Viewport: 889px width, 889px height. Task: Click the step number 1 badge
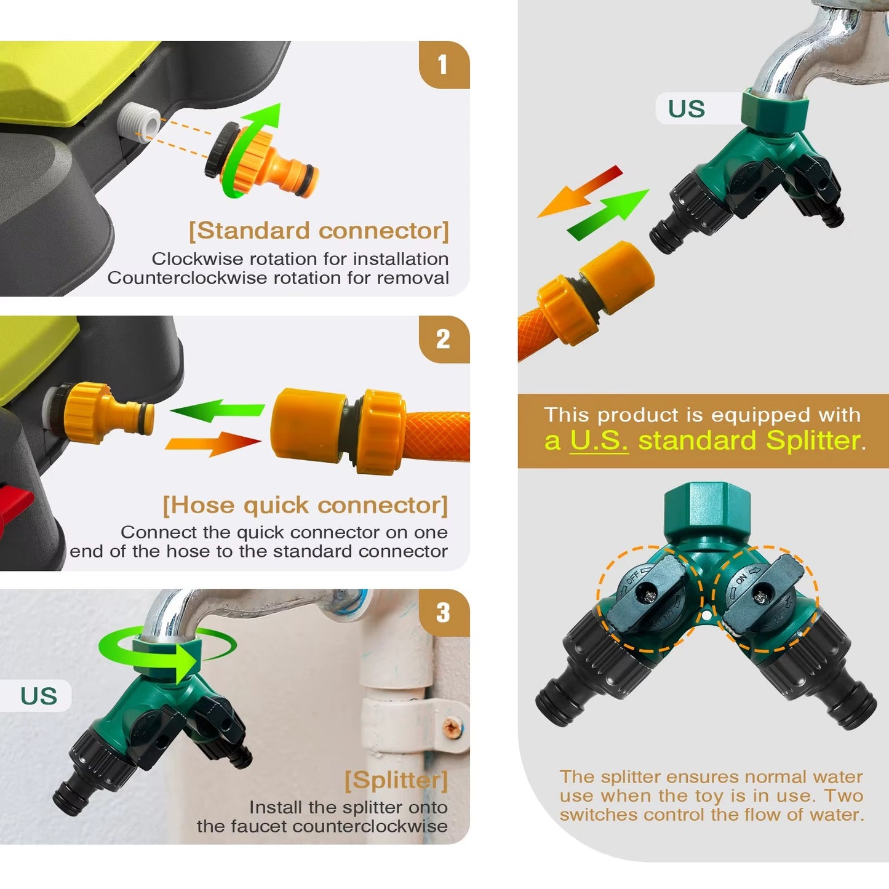[x=444, y=65]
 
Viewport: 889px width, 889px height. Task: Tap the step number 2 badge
[x=444, y=339]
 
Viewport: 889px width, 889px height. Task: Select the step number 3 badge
[x=444, y=613]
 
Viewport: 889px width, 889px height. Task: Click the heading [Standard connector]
[x=319, y=231]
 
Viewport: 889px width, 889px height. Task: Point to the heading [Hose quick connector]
[x=305, y=505]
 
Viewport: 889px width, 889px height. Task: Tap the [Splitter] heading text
[x=397, y=780]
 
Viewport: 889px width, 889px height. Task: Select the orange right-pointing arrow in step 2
[x=213, y=444]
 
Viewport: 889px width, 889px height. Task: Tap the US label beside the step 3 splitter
[x=39, y=696]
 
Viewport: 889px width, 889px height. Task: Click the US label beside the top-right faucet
[x=687, y=109]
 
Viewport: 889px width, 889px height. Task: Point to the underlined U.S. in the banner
[x=599, y=441]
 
